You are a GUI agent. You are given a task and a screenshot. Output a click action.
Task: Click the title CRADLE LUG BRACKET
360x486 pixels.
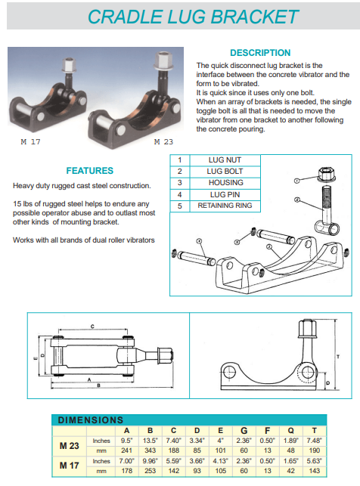[x=192, y=17]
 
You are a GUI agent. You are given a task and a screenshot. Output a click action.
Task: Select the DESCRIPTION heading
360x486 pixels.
[x=259, y=53]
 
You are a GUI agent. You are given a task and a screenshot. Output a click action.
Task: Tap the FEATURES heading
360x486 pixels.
[x=89, y=171]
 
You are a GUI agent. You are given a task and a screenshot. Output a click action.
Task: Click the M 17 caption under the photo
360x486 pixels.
[x=29, y=141]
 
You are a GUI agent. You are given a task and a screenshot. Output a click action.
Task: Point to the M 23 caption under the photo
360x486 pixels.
[x=164, y=141]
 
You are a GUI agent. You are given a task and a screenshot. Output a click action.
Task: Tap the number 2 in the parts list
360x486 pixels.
[x=179, y=172]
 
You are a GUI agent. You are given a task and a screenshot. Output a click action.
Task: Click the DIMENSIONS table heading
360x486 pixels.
[x=90, y=419]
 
